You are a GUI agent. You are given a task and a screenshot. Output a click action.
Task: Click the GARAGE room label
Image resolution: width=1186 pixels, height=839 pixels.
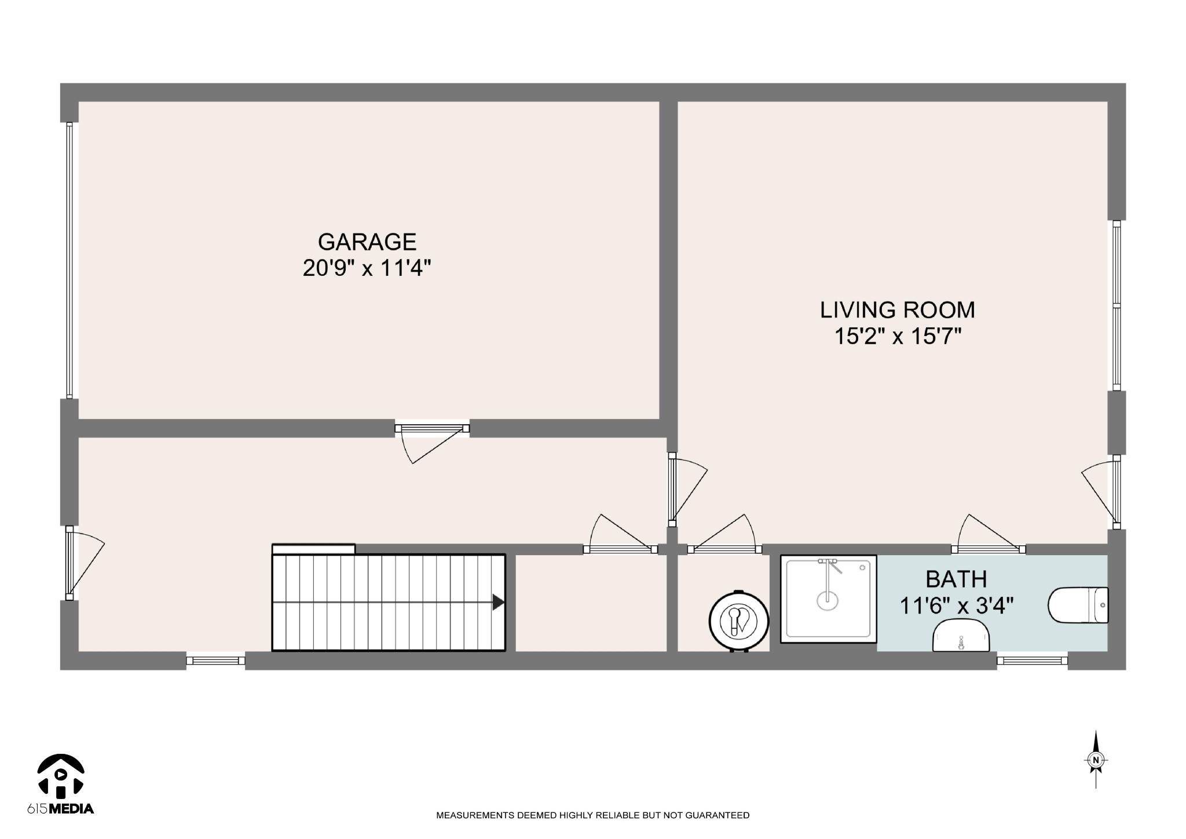(367, 242)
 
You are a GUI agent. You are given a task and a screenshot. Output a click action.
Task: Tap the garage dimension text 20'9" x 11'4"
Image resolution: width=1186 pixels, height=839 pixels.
(367, 268)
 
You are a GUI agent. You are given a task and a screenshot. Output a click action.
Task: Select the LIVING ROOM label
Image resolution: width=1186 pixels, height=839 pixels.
(898, 310)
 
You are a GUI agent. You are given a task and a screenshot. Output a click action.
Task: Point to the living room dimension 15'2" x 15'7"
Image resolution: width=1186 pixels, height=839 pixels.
(898, 336)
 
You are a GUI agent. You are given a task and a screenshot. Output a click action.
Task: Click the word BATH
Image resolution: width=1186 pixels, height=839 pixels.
(956, 579)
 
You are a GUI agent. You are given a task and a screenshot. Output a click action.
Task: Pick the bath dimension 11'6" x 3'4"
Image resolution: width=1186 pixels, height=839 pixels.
(956, 606)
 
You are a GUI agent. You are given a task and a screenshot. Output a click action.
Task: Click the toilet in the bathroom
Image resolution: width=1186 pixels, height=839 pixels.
(1078, 605)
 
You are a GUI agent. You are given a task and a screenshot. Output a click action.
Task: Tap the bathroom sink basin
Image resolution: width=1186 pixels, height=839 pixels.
(961, 634)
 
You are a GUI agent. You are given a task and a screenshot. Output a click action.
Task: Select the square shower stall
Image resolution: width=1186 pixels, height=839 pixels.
(829, 599)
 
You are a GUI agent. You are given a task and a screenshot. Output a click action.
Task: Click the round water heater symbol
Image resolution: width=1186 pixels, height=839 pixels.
(739, 621)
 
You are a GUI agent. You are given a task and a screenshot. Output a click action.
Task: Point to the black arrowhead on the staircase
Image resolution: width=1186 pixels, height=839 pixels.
(498, 603)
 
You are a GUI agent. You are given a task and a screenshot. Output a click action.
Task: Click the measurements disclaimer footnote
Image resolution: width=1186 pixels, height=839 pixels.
(592, 815)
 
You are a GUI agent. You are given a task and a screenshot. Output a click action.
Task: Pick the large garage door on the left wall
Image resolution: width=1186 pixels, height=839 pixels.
(69, 260)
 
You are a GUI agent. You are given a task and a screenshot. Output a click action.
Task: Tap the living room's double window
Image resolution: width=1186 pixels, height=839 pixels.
(1117, 305)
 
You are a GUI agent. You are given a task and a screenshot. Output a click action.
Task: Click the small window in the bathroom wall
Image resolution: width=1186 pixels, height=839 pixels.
(1032, 660)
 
